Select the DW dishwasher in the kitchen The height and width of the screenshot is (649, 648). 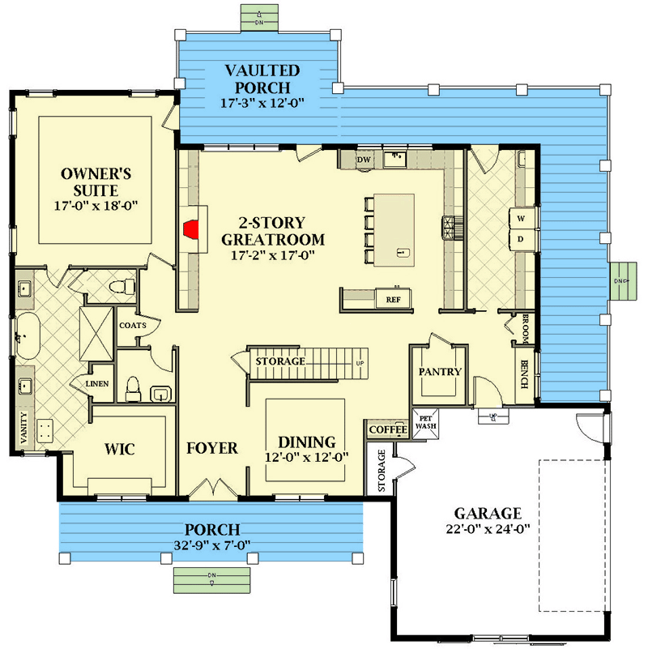tap(364, 160)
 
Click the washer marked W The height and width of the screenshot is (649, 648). tap(521, 219)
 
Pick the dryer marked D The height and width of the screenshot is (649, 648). tap(521, 239)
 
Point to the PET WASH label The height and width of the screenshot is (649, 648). tap(425, 422)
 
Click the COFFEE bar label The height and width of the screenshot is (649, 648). tap(388, 429)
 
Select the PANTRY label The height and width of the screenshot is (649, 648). tap(439, 372)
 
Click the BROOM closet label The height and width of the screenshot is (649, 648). tap(525, 326)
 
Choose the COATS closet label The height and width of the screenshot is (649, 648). tap(132, 326)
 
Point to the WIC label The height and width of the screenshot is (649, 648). tap(118, 447)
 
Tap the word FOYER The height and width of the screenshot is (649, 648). tap(212, 448)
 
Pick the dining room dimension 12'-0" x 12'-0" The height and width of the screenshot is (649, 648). tap(307, 457)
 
